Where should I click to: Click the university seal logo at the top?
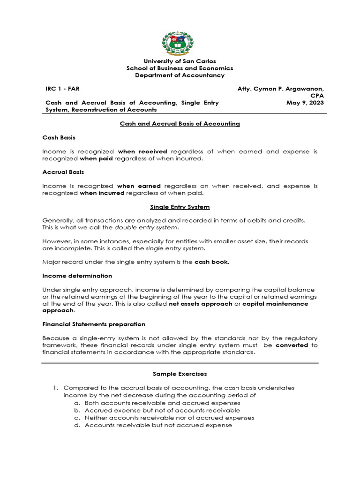pos(180,43)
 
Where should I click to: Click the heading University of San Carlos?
pos(180,61)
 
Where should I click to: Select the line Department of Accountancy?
pos(180,75)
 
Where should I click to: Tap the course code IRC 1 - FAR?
pos(59,89)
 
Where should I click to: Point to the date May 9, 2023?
pos(305,103)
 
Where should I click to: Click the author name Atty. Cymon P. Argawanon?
pos(281,89)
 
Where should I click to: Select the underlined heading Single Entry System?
pos(180,207)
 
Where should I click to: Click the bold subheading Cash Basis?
pos(59,138)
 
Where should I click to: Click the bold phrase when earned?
pos(139,186)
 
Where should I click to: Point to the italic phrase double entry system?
pos(146,227)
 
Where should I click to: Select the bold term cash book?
pos(212,262)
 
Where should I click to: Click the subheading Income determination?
pos(77,276)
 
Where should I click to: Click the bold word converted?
pos(292,345)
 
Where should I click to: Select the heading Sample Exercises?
pos(180,374)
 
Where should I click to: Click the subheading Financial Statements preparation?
pos(94,324)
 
